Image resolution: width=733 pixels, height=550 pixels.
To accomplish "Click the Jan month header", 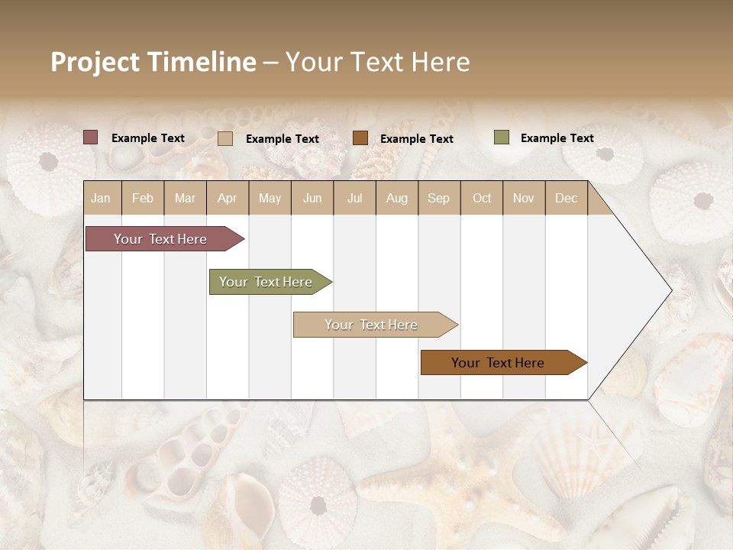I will point(101,198).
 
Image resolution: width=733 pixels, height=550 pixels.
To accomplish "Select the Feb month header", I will point(143,198).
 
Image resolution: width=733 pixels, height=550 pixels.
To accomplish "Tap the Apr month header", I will point(227,198).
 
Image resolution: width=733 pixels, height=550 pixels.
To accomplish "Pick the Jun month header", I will point(312,198).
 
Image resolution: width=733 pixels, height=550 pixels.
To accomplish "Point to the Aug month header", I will point(396,198).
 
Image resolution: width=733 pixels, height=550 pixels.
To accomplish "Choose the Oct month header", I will point(482,198).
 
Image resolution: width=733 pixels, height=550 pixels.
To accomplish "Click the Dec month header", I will point(566,198).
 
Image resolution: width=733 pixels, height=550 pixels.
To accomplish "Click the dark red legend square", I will point(91,137).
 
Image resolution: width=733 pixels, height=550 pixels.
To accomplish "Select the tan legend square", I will point(225,138).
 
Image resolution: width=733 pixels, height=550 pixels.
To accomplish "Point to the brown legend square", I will point(360,138).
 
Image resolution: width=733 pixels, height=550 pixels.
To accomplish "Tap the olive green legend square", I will point(501,137).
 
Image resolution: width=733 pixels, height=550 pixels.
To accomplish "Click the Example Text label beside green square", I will point(557,138).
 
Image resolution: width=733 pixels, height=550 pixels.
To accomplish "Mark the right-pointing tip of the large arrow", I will point(670,290).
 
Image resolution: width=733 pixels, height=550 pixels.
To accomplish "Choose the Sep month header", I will point(438,198).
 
